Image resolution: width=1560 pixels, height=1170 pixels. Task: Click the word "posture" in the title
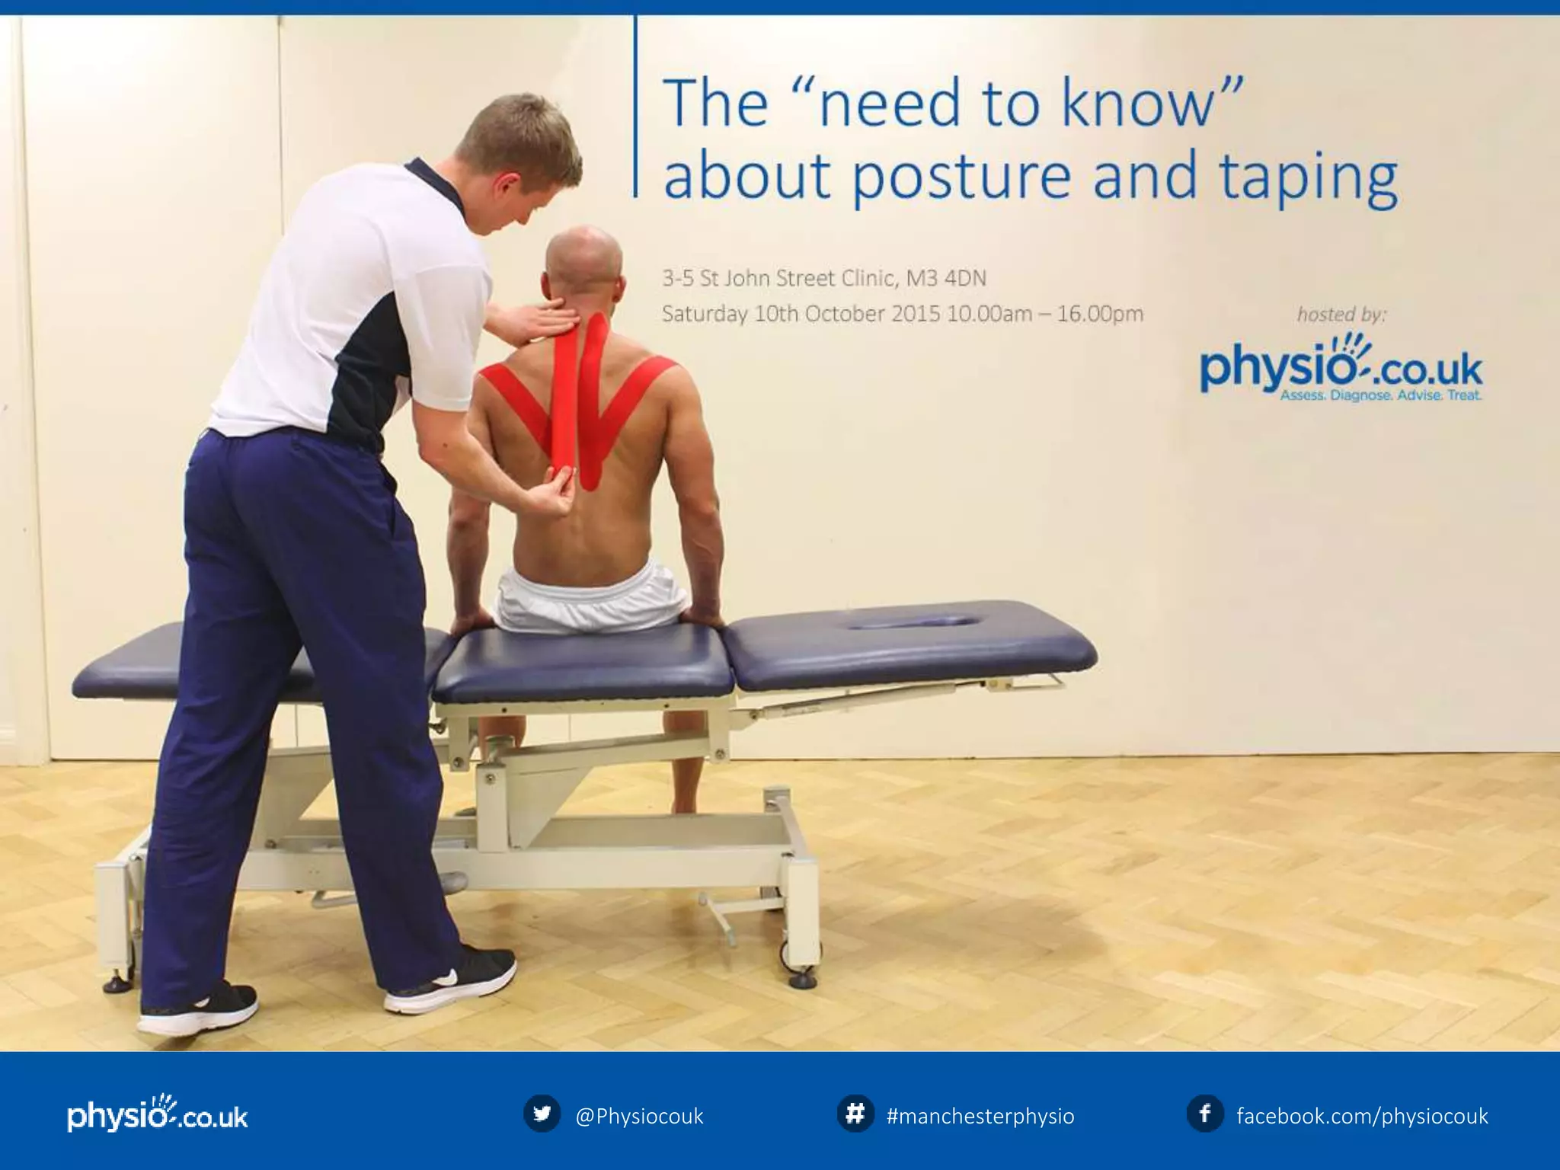960,177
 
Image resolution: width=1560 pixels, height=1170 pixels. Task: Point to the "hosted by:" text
1341,314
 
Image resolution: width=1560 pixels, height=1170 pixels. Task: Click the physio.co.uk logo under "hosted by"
1341,370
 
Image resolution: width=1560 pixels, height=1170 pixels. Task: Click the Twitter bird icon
542,1114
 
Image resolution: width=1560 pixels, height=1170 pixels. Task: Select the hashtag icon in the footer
855,1114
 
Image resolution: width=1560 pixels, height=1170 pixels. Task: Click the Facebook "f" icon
1205,1114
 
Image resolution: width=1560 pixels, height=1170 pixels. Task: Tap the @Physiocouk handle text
639,1117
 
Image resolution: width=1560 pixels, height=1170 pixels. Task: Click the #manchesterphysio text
980,1117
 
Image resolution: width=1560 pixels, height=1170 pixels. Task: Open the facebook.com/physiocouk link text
1362,1117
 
